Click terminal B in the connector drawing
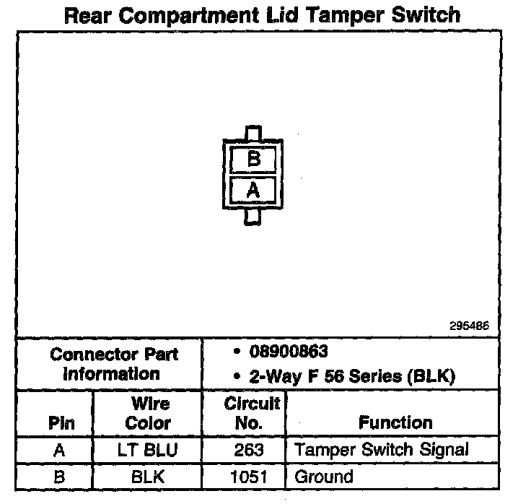click(253, 159)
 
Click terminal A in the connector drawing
click(253, 190)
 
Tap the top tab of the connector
click(253, 134)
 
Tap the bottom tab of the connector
click(252, 216)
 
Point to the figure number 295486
click(469, 326)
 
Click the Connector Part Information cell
click(114, 364)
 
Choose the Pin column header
click(61, 423)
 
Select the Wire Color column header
click(148, 413)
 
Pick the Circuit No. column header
click(252, 413)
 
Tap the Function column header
click(395, 423)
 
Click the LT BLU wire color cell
click(148, 451)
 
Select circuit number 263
click(249, 451)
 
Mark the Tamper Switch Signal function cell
click(381, 451)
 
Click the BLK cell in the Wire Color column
click(148, 477)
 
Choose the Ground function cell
click(324, 477)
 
